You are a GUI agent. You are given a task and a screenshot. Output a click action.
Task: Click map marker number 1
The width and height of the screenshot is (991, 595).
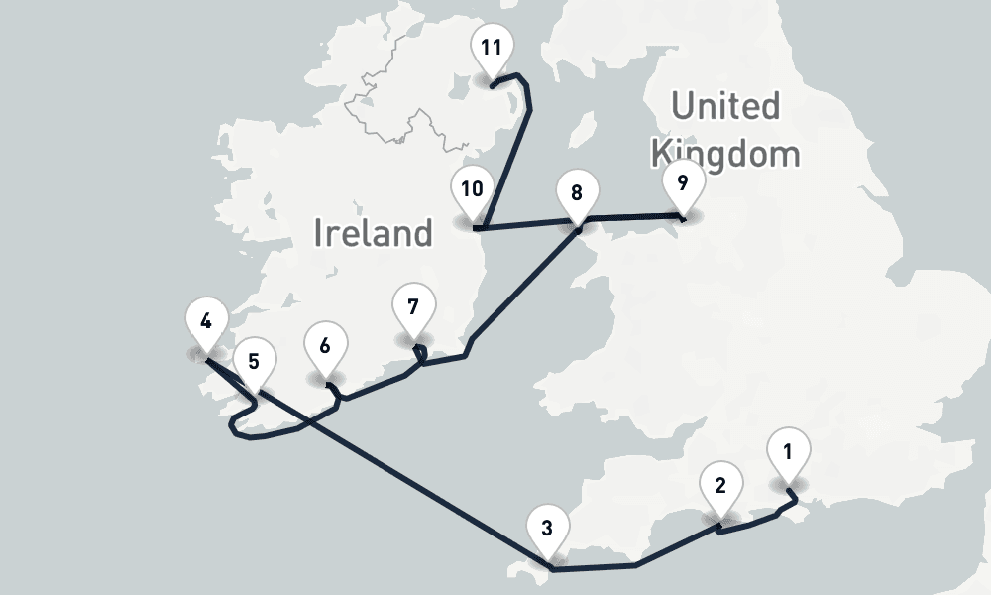point(788,455)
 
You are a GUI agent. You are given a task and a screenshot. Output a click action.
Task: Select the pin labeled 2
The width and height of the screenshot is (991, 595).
point(720,486)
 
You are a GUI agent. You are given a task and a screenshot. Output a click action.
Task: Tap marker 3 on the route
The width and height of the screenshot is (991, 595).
point(548,528)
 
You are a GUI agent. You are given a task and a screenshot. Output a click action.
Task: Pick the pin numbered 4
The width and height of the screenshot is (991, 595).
point(205,321)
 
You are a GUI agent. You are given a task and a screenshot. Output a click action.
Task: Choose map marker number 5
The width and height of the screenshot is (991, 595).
point(254,363)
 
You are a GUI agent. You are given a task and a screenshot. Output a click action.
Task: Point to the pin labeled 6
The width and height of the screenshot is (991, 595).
point(324,347)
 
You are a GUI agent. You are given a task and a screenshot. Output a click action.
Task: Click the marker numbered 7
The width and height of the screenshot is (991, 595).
point(412,305)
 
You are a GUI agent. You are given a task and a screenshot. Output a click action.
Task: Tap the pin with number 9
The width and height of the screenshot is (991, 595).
point(682,183)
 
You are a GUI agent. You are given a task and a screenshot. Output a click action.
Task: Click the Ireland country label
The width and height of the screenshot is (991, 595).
point(374,234)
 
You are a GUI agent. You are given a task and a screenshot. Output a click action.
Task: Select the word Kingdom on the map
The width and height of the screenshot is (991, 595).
point(723,153)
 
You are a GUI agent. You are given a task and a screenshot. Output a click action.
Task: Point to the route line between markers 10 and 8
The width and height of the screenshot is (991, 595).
point(525,225)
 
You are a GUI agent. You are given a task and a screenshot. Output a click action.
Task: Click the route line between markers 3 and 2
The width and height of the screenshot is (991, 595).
point(674,548)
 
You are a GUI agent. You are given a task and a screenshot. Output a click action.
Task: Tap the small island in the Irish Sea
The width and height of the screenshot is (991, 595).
point(583,130)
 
